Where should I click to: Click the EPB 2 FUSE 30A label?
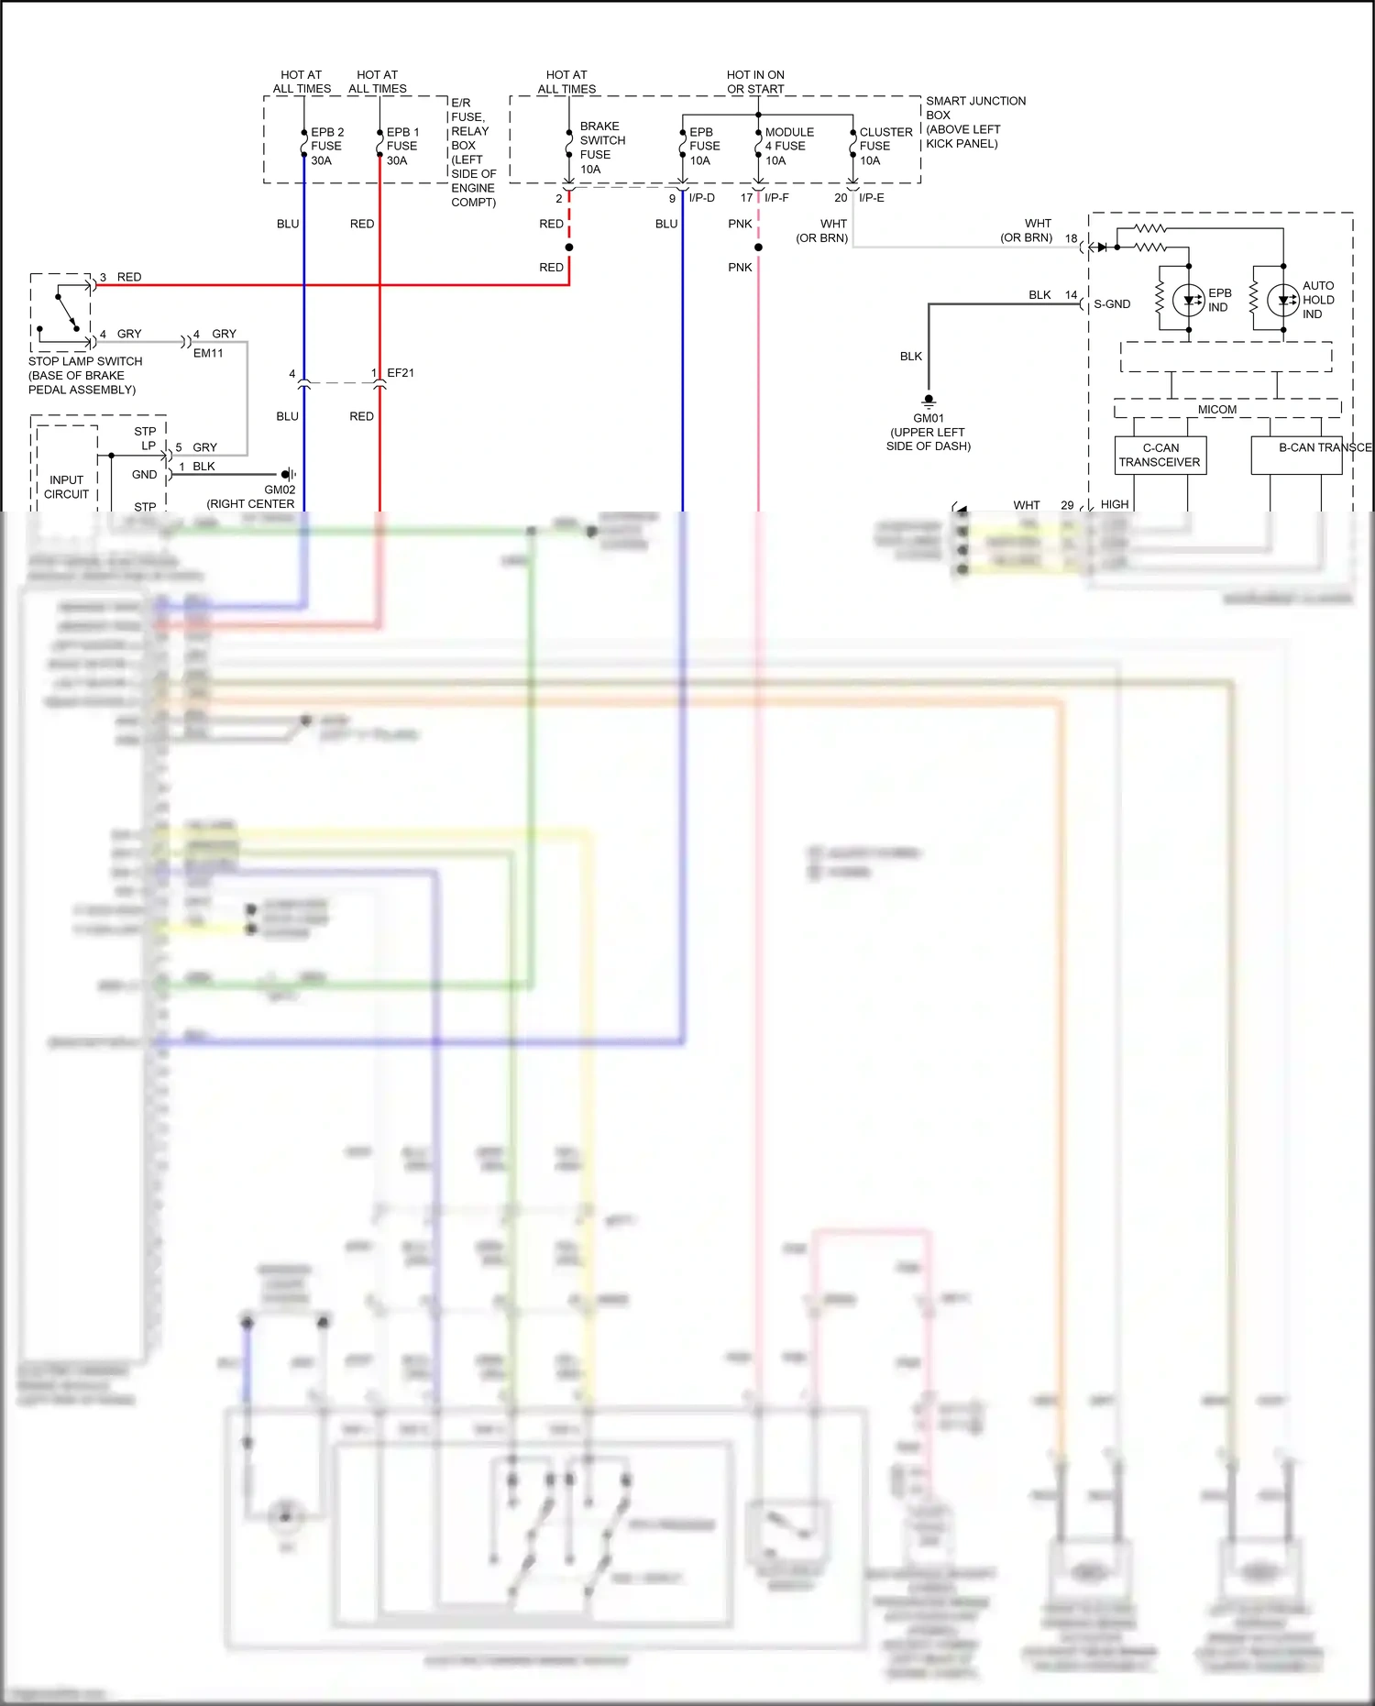point(326,146)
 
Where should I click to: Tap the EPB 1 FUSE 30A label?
point(402,146)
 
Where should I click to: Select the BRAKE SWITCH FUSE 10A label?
point(601,148)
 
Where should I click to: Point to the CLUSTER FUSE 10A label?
point(885,146)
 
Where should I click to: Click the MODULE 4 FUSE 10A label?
point(788,146)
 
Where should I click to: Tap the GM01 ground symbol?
point(929,400)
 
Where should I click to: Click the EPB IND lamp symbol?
point(1188,300)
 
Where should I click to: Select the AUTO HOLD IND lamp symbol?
point(1282,300)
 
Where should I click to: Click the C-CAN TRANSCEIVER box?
point(1160,456)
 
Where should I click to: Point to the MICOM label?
point(1216,410)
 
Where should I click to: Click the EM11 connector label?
point(208,353)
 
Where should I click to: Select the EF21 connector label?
point(401,373)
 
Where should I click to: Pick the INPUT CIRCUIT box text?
point(66,487)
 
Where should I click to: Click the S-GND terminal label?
point(1112,304)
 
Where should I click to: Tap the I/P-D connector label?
point(701,198)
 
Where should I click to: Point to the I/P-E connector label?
point(871,198)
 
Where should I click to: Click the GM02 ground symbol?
point(288,474)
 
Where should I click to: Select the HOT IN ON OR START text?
point(755,82)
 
